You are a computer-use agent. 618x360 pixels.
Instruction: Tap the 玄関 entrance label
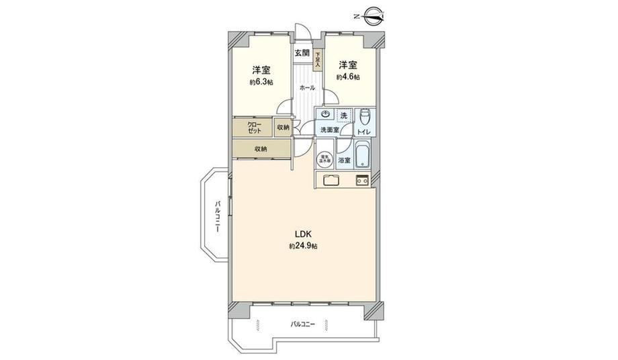coord(302,53)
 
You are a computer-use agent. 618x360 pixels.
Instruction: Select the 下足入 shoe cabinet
coord(318,61)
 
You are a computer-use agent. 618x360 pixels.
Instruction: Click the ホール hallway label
coord(306,88)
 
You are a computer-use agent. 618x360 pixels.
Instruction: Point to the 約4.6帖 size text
coord(347,77)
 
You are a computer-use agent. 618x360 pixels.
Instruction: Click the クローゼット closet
coord(254,128)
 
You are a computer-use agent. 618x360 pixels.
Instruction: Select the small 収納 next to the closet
coord(283,128)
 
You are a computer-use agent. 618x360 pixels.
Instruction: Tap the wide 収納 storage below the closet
coord(262,149)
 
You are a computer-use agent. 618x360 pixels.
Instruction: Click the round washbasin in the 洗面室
coord(325,115)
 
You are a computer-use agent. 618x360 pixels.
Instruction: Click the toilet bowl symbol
coord(365,115)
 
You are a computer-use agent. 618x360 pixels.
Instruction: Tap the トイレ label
coord(365,130)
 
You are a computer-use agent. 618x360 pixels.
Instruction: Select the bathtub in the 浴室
coord(363,156)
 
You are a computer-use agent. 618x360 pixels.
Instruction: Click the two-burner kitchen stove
coord(362,180)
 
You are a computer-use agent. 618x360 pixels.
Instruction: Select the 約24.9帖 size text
coord(303,246)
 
